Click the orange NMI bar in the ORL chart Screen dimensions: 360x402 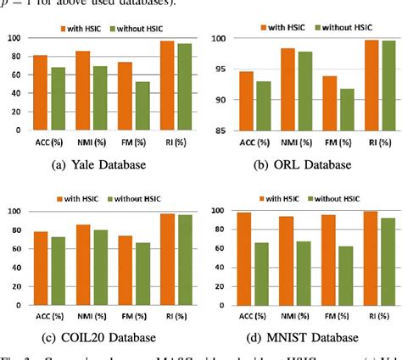click(288, 90)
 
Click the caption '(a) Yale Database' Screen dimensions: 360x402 click(99, 162)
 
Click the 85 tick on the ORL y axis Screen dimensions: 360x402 click(218, 131)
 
